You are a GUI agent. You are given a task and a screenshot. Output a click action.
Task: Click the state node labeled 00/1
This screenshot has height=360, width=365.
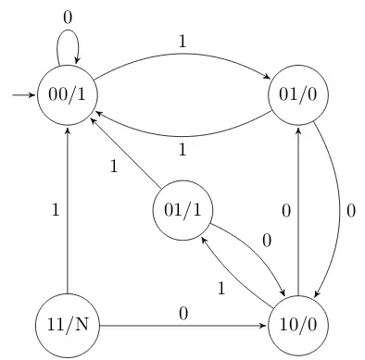click(x=68, y=94)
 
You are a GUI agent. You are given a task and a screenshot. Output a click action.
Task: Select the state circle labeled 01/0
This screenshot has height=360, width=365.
click(x=298, y=94)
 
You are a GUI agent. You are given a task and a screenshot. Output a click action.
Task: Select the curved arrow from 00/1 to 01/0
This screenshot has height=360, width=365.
click(x=182, y=59)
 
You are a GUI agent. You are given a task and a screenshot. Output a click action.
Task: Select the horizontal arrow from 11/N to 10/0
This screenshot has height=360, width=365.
click(x=182, y=325)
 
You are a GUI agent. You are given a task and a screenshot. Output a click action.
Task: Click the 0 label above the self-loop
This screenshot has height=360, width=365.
click(x=68, y=18)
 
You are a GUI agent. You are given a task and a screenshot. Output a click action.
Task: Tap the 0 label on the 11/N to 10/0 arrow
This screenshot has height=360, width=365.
click(x=182, y=314)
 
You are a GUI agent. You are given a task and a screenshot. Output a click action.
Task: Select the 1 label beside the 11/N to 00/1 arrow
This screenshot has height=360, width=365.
click(x=55, y=210)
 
